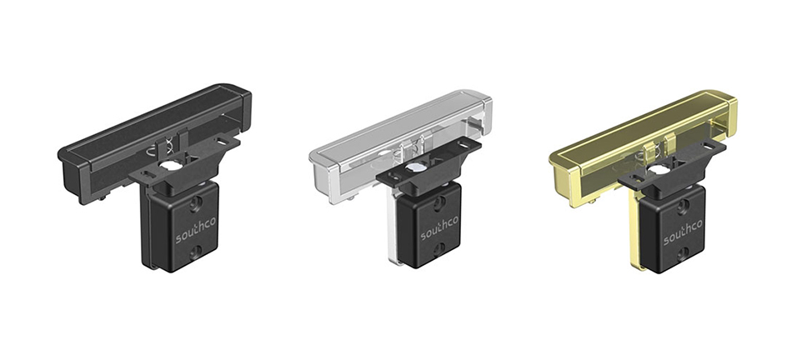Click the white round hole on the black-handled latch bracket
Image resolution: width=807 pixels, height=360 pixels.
tap(169, 167)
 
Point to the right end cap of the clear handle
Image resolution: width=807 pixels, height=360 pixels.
tap(486, 106)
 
